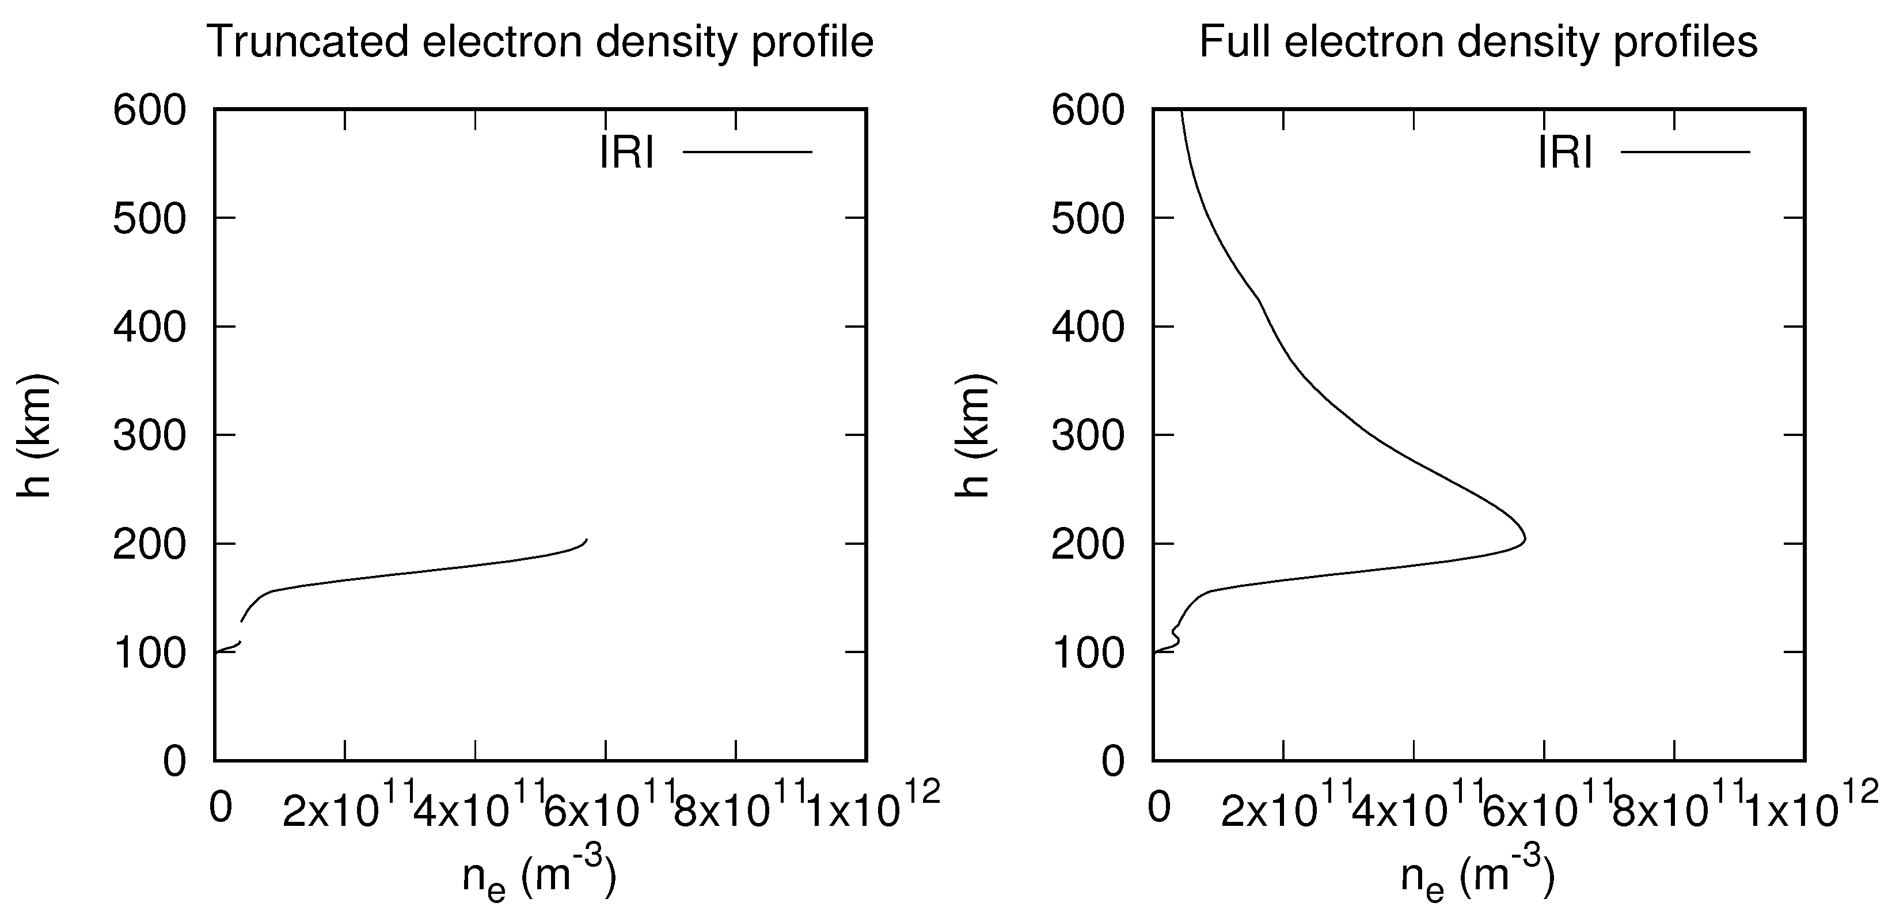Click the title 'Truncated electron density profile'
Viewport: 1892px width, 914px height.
(541, 42)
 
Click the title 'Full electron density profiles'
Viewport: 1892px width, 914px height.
(1478, 42)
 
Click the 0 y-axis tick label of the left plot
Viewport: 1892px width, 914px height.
(175, 762)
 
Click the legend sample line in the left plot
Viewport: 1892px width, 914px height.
(748, 152)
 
